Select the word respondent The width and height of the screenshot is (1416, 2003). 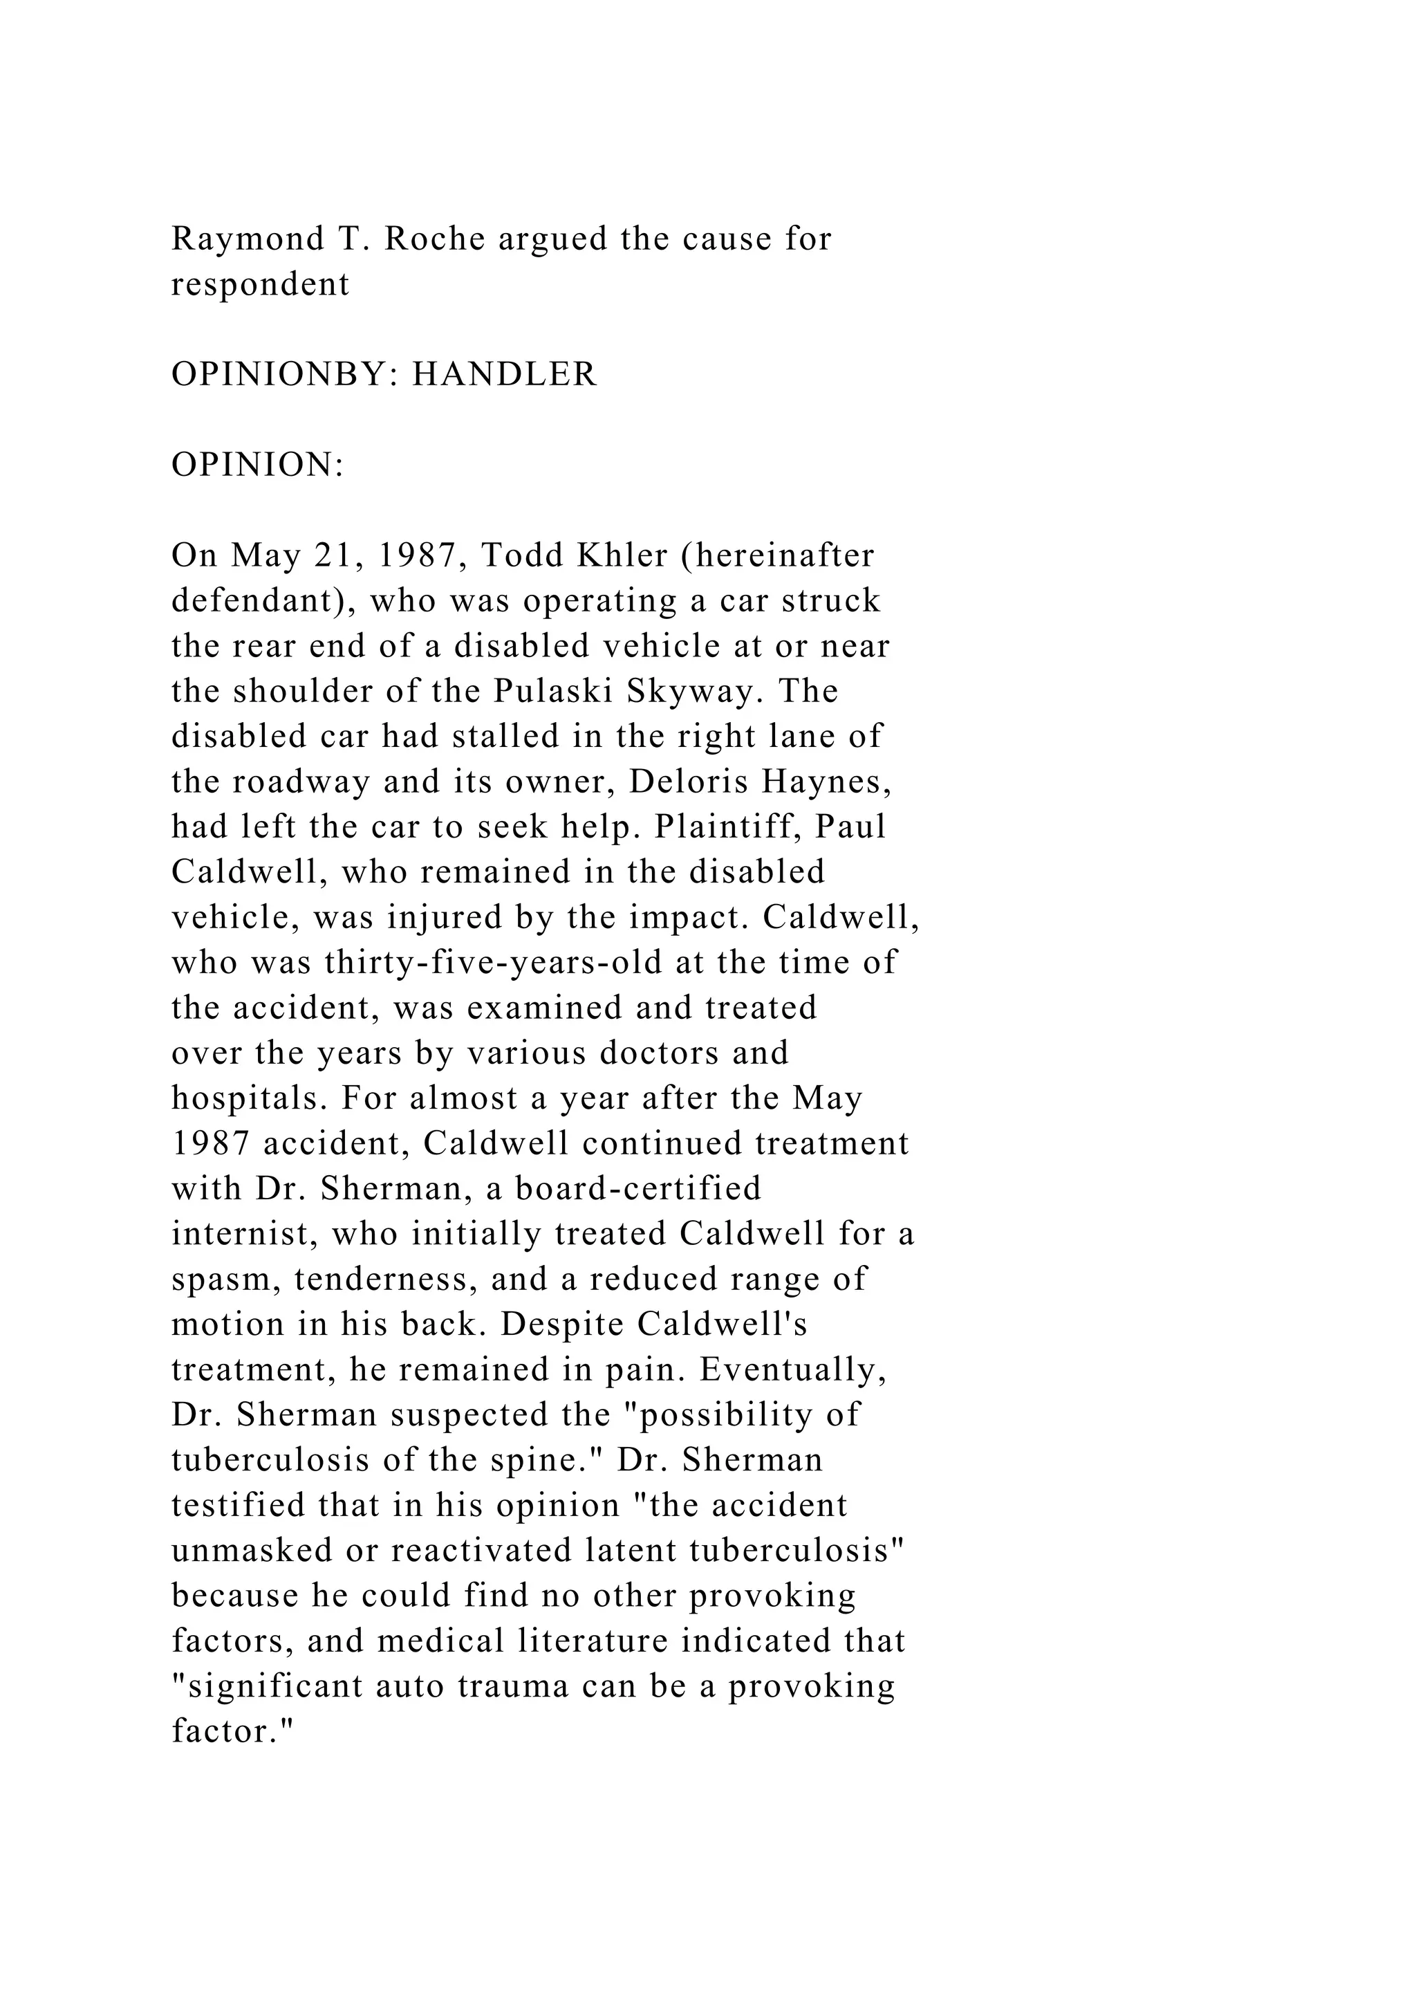260,284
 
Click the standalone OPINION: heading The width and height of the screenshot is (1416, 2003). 258,465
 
